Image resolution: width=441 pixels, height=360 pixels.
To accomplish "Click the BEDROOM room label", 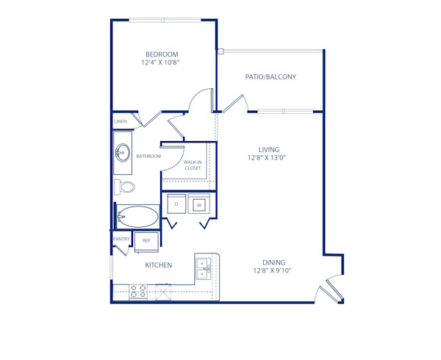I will pyautogui.click(x=161, y=54).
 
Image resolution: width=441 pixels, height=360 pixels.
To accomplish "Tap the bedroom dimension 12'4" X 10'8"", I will pyautogui.click(x=161, y=63).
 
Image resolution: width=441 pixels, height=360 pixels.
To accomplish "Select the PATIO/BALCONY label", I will pyautogui.click(x=270, y=76).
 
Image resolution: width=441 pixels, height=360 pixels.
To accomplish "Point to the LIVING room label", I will pyautogui.click(x=269, y=150).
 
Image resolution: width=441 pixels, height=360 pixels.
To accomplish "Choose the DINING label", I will pyautogui.click(x=274, y=262).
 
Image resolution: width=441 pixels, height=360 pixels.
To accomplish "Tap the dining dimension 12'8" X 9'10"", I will pyautogui.click(x=274, y=271).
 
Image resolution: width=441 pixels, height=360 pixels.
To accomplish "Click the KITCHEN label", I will pyautogui.click(x=158, y=265).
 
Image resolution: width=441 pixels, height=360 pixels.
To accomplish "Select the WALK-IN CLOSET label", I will pyautogui.click(x=193, y=165).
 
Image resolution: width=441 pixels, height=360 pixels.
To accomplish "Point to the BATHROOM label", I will pyautogui.click(x=148, y=156).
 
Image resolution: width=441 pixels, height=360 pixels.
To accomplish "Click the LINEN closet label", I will pyautogui.click(x=121, y=121).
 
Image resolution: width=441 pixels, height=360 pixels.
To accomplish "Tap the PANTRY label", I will pyautogui.click(x=121, y=239).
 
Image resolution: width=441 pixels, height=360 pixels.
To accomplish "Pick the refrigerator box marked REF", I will pyautogui.click(x=146, y=240).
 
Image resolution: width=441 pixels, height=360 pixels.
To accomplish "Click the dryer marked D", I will pyautogui.click(x=176, y=204).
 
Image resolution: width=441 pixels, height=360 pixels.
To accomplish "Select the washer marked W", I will pyautogui.click(x=198, y=205).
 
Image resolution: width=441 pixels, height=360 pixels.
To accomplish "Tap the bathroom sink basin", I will pyautogui.click(x=121, y=153).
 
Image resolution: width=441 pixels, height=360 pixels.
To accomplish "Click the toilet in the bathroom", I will pyautogui.click(x=125, y=187).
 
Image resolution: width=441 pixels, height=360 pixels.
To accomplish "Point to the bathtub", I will pyautogui.click(x=138, y=217).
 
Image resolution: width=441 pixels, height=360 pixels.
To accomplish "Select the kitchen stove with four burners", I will pyautogui.click(x=137, y=291).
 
